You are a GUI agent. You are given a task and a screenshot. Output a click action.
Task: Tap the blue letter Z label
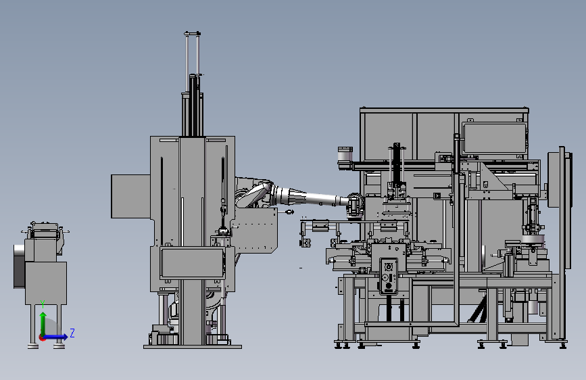(72, 333)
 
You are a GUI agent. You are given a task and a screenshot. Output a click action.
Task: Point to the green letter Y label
(43, 304)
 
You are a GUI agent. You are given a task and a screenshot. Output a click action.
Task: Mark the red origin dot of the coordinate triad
(42, 337)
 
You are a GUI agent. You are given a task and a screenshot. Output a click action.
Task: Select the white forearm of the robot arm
(310, 197)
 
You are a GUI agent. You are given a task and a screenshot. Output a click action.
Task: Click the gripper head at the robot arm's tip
(355, 205)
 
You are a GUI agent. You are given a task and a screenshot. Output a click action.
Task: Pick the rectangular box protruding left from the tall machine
(131, 196)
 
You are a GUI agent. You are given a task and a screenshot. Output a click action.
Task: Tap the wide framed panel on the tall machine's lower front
(193, 262)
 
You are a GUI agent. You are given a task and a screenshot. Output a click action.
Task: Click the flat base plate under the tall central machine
(193, 347)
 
